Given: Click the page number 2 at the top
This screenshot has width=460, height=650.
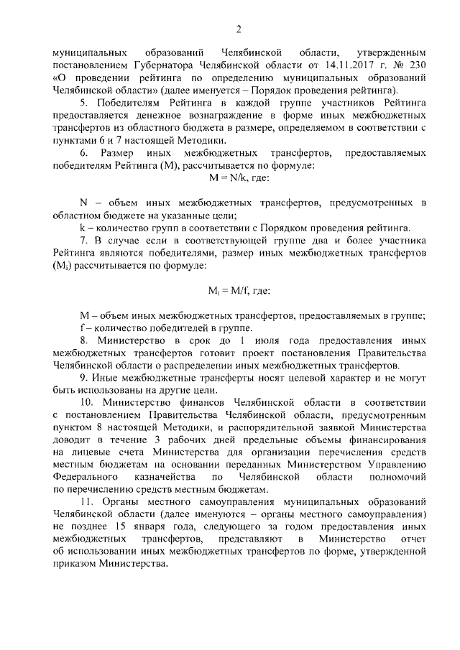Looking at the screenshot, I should click(238, 29).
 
